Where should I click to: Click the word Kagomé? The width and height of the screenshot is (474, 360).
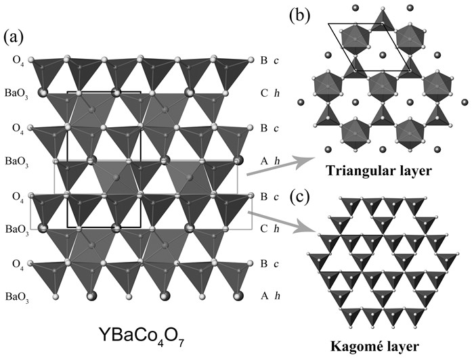357,346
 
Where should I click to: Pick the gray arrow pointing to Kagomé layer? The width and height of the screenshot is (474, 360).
274,224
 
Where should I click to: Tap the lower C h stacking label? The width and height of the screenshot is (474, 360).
270,229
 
